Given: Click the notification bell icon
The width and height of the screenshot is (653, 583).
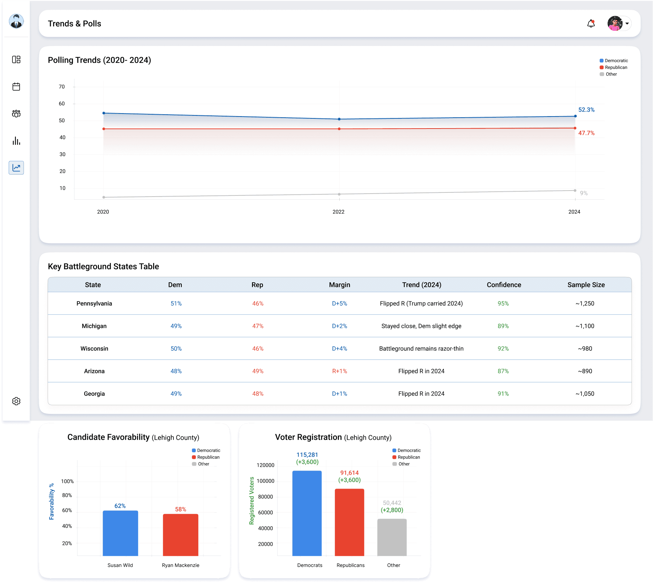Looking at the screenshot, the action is (591, 24).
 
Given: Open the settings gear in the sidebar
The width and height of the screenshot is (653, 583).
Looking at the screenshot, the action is (16, 401).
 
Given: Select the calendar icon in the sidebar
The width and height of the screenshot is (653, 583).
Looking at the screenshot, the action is (16, 86).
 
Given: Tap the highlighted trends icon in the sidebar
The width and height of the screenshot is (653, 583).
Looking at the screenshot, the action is (16, 168).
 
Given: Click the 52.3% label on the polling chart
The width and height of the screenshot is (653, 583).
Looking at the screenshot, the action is (586, 110).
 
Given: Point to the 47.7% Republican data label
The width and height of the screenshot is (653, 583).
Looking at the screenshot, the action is (586, 133).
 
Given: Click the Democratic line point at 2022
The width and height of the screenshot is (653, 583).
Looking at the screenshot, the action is (339, 119).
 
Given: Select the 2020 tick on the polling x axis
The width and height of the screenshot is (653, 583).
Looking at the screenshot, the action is (103, 212).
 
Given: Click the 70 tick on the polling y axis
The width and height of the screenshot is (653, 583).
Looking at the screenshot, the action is (62, 87).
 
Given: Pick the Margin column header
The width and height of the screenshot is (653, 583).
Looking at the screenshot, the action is (340, 285).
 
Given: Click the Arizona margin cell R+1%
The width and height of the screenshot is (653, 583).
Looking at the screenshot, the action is (340, 371).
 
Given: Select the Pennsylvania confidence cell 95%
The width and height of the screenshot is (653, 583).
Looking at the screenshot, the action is (503, 304).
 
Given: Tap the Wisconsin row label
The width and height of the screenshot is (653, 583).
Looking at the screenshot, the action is (94, 349).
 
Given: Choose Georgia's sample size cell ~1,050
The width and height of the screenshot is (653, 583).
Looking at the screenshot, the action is (585, 394).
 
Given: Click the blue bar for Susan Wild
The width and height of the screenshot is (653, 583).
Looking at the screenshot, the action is (120, 533).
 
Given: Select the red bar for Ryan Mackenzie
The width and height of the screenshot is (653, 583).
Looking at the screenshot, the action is (181, 535).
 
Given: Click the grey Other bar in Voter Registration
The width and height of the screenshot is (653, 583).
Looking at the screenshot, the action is (392, 537).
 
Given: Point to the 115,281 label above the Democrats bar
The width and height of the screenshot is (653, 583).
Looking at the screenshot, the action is (307, 455).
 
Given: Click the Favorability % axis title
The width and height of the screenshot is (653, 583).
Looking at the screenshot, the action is (52, 501).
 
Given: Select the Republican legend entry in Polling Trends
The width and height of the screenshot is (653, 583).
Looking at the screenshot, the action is (614, 68).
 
